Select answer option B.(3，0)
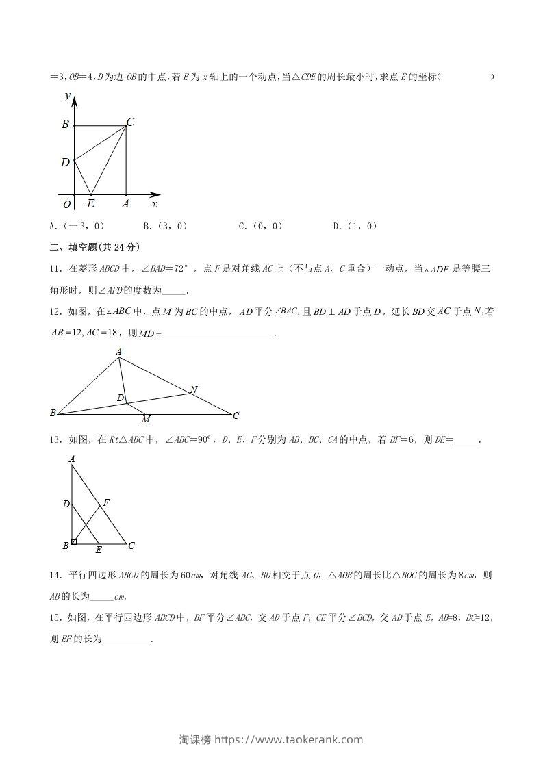[x=165, y=226]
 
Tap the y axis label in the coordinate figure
[x=68, y=97]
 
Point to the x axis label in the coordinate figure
[x=155, y=204]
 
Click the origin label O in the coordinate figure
[x=66, y=204]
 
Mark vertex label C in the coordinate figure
[x=130, y=122]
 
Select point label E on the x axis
[x=90, y=204]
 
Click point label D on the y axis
[x=65, y=162]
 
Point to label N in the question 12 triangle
[x=194, y=389]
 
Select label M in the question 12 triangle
[x=145, y=419]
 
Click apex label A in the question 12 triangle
[x=118, y=352]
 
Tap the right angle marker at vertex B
[x=74, y=542]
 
